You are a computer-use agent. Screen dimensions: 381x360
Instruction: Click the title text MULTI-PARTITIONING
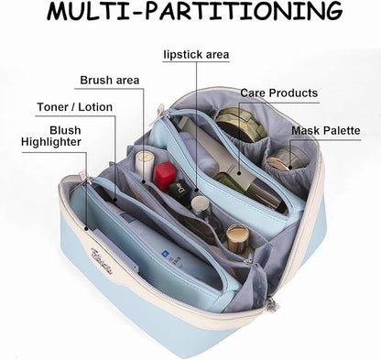point(194,12)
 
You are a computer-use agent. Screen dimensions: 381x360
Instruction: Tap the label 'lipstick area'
point(196,55)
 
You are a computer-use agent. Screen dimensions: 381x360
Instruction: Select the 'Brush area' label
point(110,81)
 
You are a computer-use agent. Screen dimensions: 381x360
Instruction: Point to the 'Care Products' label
point(279,93)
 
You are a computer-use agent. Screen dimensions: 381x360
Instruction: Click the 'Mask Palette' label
point(326,131)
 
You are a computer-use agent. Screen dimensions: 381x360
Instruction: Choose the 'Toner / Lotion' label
point(75,107)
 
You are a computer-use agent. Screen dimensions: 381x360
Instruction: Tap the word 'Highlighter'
point(51,142)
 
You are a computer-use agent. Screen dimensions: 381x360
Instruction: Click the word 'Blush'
point(65,130)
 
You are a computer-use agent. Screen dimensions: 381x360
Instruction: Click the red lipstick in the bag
point(164,176)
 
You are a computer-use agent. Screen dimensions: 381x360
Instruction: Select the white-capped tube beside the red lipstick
point(145,166)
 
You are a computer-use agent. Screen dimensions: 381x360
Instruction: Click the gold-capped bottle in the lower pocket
point(238,239)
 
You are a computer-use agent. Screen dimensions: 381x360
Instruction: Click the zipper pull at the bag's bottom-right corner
point(271,304)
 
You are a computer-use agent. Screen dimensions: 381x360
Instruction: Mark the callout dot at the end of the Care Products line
point(239,173)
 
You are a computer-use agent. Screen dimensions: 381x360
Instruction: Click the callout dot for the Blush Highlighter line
point(86,228)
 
